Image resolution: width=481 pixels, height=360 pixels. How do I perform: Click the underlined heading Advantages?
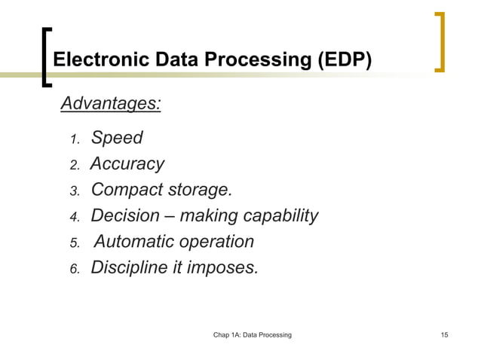110,102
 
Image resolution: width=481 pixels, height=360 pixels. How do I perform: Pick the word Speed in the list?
117,138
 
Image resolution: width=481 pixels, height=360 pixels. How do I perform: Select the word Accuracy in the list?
127,164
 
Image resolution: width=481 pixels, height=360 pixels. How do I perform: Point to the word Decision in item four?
125,216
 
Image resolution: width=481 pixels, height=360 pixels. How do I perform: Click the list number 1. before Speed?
74,139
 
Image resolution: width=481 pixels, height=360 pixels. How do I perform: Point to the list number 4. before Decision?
74,218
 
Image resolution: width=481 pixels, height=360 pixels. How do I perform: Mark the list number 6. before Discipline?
74,269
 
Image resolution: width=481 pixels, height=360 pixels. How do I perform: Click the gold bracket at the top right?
440,41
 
